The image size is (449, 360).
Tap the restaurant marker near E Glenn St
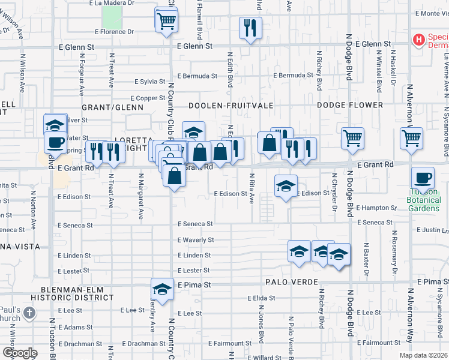tap(250, 27)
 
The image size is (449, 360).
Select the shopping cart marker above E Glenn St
tap(166, 20)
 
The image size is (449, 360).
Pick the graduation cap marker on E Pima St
tap(161, 289)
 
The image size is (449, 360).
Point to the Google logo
tap(20, 352)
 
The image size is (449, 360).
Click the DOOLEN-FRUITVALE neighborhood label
tap(231, 106)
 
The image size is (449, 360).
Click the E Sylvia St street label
tap(149, 81)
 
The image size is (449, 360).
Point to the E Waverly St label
tap(195, 239)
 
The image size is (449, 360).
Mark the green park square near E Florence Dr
tap(112, 16)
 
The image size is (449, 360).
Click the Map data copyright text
tap(423, 355)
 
